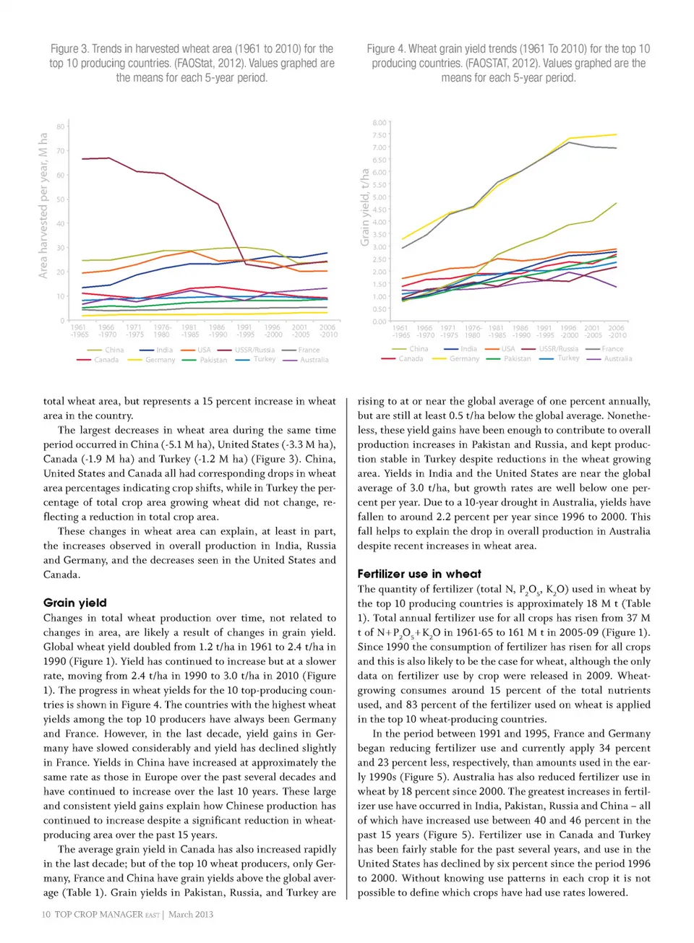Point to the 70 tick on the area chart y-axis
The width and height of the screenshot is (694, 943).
61,151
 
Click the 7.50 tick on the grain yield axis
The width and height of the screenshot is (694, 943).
379,135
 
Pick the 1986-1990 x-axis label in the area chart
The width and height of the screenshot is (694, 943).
218,331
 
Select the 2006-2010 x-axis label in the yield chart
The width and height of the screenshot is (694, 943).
617,331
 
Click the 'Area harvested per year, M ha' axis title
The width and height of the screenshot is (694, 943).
43,205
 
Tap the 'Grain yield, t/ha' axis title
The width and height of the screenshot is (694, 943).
365,207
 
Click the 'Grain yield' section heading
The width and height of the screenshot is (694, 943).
74,603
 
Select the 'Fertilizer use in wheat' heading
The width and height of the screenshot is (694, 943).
419,574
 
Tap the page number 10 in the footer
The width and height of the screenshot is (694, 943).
46,914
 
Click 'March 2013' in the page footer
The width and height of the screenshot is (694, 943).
191,914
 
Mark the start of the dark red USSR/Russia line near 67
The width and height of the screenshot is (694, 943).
82,159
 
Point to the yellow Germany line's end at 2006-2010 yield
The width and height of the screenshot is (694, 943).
616,134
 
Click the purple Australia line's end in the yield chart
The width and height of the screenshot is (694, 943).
616,287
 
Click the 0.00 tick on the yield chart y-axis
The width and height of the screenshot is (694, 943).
379,322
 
